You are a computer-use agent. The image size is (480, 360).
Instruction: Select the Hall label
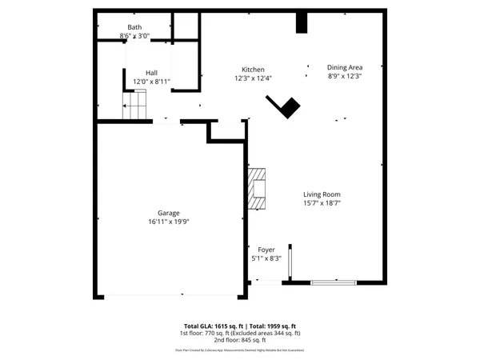[x=151, y=73]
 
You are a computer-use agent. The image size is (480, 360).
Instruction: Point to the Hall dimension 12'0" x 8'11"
[x=151, y=82]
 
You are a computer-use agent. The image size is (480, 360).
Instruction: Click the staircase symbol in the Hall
[x=135, y=104]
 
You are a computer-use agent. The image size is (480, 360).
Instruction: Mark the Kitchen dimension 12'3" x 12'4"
[x=254, y=78]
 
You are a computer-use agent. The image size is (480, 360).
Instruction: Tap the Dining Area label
[x=345, y=67]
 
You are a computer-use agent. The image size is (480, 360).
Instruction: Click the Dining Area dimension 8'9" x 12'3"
[x=345, y=76]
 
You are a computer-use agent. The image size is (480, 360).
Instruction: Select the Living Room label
[x=322, y=194]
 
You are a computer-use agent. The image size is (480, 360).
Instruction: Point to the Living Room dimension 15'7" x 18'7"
[x=322, y=204]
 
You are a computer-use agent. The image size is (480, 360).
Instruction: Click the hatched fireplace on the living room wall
[x=256, y=189]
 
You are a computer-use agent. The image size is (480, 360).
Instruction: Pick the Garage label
[x=168, y=213]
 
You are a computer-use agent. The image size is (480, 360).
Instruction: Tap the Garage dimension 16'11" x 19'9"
[x=168, y=222]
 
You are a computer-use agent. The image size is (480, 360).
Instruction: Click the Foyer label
[x=266, y=250]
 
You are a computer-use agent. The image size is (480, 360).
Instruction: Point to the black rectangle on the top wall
[x=301, y=22]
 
